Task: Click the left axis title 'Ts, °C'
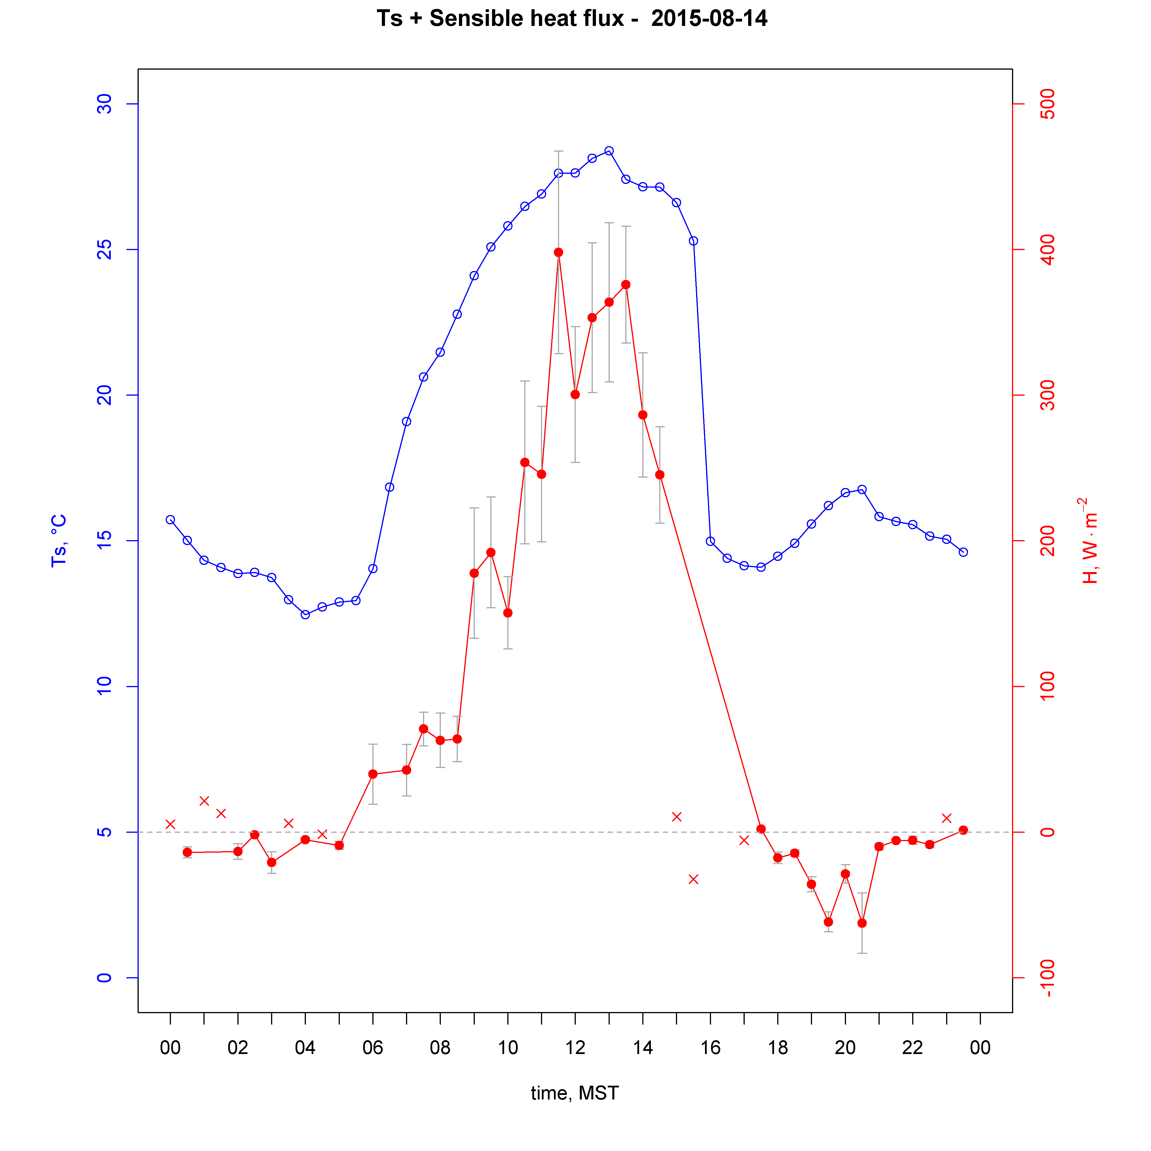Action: pos(58,540)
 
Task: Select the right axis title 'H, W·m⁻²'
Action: pos(1089,540)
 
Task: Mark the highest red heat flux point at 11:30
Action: pos(558,253)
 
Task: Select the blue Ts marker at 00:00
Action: pos(170,519)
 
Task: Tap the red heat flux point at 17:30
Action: pos(761,829)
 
